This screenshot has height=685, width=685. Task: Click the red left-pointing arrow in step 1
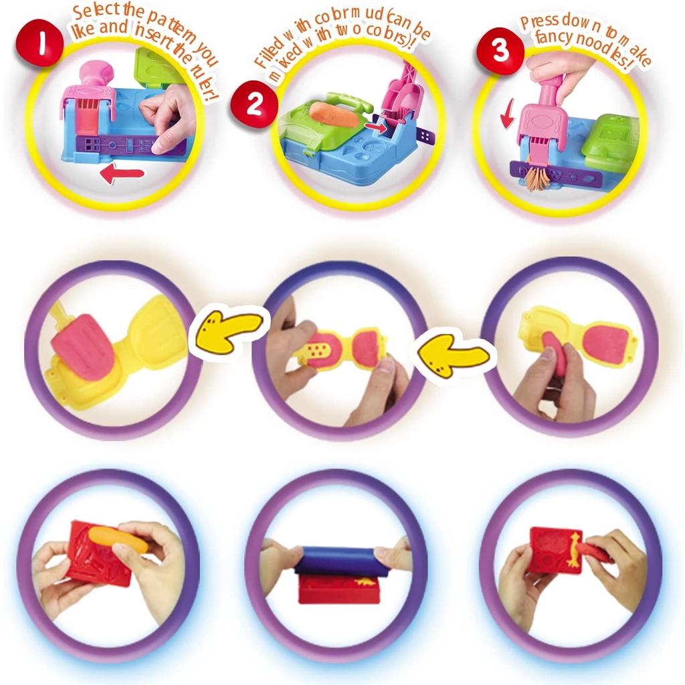tap(122, 175)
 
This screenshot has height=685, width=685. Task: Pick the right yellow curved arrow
tap(452, 358)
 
